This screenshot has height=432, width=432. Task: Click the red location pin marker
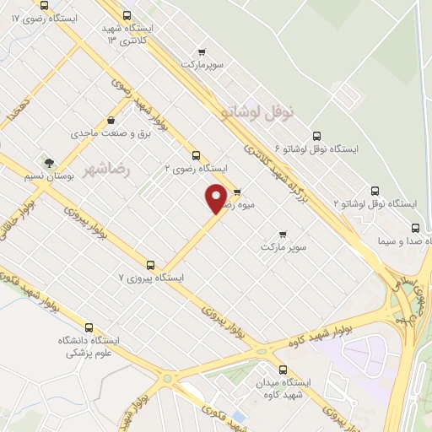coord(217,198)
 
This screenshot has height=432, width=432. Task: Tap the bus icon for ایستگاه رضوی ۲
coord(196,155)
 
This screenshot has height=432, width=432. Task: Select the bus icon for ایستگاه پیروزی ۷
coord(151,265)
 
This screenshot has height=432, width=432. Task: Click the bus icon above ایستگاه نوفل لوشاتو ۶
coord(316,136)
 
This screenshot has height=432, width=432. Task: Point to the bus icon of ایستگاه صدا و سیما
coord(415,228)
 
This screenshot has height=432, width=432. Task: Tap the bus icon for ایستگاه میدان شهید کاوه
coord(282,370)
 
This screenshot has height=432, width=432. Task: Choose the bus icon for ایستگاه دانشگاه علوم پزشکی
coord(89,327)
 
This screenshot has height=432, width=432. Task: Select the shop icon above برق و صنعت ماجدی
coord(111,121)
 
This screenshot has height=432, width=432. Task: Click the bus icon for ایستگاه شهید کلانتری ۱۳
coord(127,15)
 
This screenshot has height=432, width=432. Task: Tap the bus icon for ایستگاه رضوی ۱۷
coord(44,5)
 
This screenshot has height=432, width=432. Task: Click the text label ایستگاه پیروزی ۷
coord(151,278)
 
